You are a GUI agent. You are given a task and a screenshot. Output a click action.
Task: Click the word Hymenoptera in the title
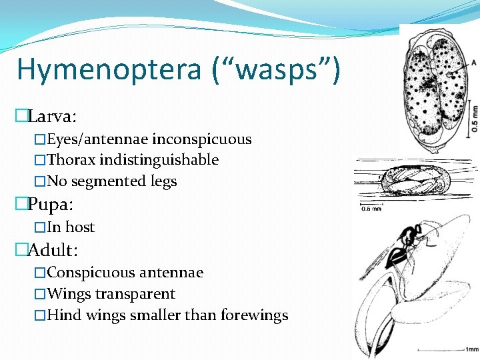pos(109,69)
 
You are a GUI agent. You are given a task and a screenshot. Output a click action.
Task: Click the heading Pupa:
pos(51,203)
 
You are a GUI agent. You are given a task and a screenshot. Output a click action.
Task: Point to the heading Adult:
pos(53,250)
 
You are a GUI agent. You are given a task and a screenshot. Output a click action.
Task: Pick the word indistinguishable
pos(159,160)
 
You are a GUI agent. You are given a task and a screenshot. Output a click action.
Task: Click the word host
pos(80,227)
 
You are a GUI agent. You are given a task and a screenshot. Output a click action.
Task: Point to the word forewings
pos(257,315)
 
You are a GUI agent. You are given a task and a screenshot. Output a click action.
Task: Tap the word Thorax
pos(71,160)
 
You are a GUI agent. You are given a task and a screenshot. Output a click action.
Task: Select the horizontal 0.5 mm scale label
pos(371,209)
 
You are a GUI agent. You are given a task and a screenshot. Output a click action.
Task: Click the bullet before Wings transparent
pos(41,294)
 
